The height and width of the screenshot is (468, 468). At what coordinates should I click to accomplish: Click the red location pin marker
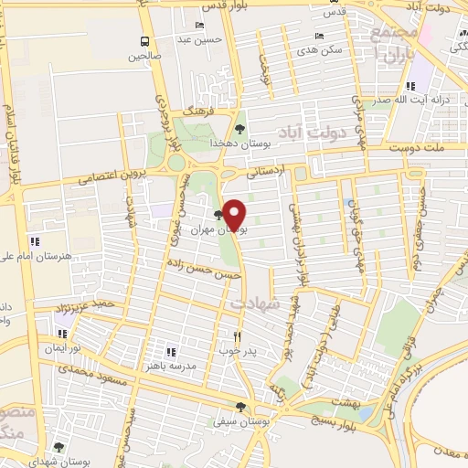click(x=234, y=215)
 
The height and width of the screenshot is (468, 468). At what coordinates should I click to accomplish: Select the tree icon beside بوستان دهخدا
click(x=239, y=129)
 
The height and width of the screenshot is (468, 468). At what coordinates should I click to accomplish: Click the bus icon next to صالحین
click(x=144, y=41)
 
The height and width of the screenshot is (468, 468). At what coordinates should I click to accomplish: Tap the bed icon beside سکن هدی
click(x=310, y=36)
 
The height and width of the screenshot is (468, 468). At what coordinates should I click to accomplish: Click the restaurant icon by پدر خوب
click(x=238, y=335)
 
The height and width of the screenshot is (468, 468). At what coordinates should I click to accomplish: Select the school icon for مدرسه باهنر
click(x=169, y=350)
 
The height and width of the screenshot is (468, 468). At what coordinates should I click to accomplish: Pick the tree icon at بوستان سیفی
click(x=240, y=408)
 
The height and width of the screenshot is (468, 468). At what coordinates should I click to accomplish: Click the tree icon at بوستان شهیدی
click(x=58, y=447)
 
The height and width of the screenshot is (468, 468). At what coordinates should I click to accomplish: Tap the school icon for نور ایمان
click(x=62, y=335)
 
